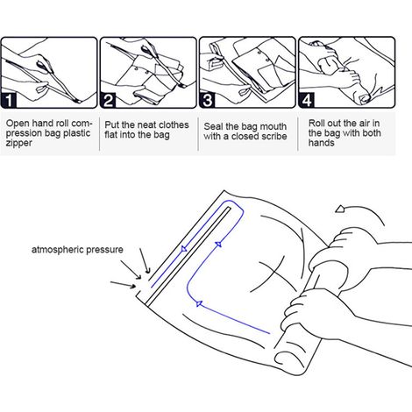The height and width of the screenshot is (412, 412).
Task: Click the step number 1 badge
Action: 8,100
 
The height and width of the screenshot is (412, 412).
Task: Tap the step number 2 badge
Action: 108,100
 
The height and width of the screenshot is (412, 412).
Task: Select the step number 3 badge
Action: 207,100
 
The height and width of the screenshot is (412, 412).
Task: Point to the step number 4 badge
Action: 306,100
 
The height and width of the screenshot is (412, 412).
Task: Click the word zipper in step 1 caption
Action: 18,144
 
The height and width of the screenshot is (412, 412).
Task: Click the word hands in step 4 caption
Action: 322,143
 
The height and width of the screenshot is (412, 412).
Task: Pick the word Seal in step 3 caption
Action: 213,126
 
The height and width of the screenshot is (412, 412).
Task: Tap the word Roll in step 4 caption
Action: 316,123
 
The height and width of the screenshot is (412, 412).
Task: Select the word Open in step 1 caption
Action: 17,124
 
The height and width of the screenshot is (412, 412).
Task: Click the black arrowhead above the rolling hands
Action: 340,209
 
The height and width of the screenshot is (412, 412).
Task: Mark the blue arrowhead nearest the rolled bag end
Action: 199,303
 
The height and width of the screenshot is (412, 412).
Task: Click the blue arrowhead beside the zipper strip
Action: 184,249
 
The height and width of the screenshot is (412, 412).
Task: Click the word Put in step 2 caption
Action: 112,125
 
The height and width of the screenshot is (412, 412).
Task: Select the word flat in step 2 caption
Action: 111,135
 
